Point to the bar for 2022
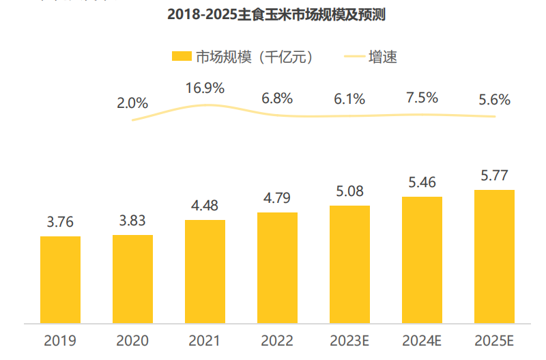(277, 267)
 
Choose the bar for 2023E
(349, 264)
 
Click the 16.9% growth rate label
(205, 88)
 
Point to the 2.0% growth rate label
(132, 103)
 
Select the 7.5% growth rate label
(422, 98)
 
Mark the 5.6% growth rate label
(494, 100)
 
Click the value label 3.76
(60, 222)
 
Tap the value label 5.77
(494, 176)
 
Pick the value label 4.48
(205, 206)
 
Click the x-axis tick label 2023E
(349, 340)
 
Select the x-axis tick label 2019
(60, 340)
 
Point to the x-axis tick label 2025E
(494, 340)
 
